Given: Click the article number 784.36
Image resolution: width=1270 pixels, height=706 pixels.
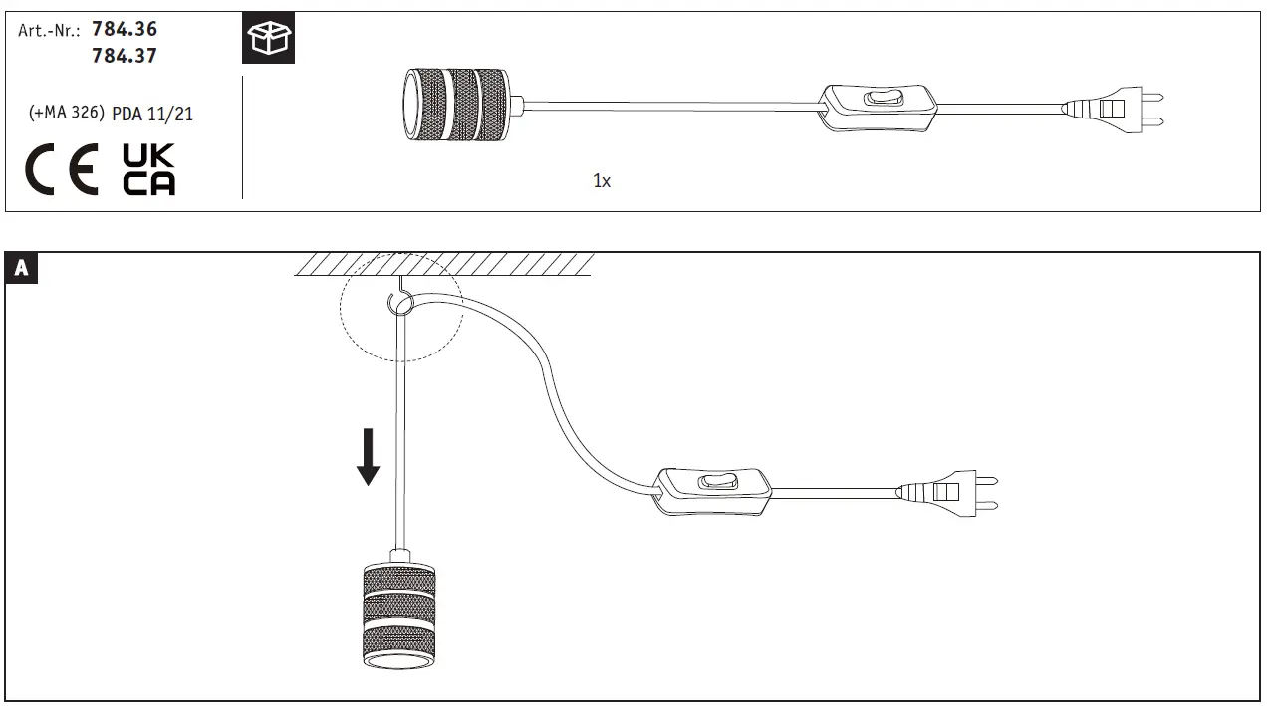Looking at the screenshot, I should click(125, 30).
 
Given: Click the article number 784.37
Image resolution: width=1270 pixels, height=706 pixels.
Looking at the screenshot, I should click(125, 57).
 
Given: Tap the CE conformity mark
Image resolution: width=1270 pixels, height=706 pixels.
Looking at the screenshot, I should click(62, 169).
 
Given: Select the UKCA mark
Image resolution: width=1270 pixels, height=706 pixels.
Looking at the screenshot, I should click(148, 169).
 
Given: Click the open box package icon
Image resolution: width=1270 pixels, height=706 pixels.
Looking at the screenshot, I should click(269, 39).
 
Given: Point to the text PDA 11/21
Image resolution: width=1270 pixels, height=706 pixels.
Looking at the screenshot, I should click(152, 115).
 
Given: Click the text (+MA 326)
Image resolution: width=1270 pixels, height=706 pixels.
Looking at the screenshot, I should click(67, 114).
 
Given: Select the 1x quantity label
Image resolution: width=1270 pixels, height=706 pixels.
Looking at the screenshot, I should click(602, 181).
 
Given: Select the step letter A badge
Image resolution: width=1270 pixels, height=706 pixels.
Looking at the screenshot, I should click(22, 268).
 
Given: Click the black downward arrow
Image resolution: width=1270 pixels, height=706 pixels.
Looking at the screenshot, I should click(369, 457).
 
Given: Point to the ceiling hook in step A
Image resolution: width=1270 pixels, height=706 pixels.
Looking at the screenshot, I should click(399, 301).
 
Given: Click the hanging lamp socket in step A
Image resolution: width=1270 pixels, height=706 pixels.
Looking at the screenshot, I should click(398, 614).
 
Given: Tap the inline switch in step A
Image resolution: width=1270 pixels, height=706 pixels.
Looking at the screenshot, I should click(714, 490).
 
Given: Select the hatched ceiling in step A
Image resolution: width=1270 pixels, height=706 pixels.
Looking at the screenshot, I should click(444, 264).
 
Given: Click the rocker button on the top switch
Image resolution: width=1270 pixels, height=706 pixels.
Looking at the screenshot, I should click(881, 99).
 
